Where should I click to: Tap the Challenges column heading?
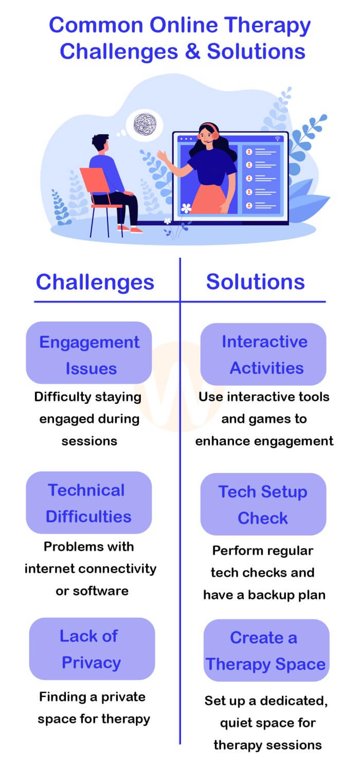click(x=95, y=282)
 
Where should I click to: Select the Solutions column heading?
click(x=256, y=282)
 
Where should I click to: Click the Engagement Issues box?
click(x=89, y=352)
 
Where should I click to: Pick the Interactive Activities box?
click(x=263, y=354)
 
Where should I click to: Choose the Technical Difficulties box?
click(x=89, y=502)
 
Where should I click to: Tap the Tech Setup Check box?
click(x=263, y=504)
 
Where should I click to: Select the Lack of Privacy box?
click(x=92, y=649)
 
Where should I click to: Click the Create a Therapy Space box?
click(x=266, y=650)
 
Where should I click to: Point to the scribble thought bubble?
click(x=145, y=124)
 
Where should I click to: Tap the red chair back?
click(x=95, y=182)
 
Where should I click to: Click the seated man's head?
click(x=100, y=142)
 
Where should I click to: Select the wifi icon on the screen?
click(x=277, y=138)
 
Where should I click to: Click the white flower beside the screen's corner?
click(x=186, y=208)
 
